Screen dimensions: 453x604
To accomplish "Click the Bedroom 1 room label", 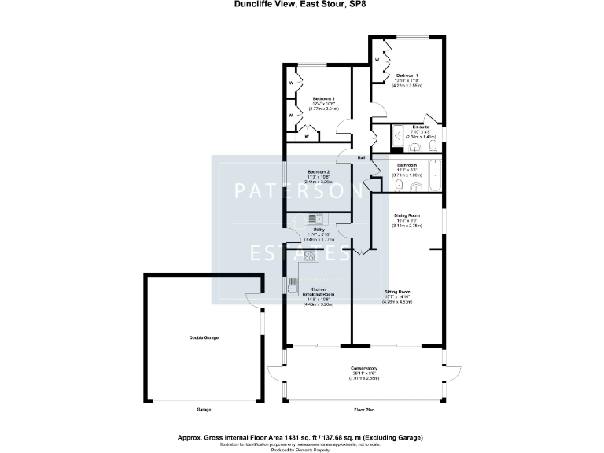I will click(x=407, y=75).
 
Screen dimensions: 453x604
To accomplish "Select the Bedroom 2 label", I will click(x=318, y=171).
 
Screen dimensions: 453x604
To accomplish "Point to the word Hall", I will click(x=361, y=158).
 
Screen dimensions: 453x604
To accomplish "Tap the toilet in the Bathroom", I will click(x=399, y=185).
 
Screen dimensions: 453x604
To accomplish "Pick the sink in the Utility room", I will click(x=315, y=219).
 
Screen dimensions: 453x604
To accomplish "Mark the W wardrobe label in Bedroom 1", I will click(x=377, y=59).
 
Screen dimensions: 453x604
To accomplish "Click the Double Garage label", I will click(x=204, y=337).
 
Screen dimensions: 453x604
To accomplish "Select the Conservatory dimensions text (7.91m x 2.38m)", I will click(x=364, y=378).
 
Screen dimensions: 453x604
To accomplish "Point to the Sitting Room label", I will click(x=396, y=291).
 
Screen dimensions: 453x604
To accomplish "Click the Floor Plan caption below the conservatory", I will click(x=364, y=410).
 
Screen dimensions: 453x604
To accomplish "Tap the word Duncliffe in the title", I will click(x=249, y=4).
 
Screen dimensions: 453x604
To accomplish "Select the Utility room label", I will click(x=318, y=229).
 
